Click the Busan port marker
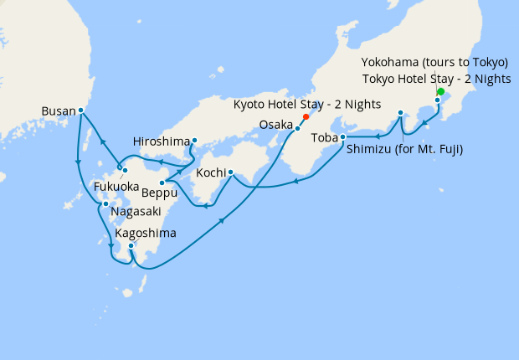tap(80, 110)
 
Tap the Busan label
tap(58, 110)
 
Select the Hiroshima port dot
tap(194, 141)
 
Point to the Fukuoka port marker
tap(124, 171)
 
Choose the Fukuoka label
tap(117, 186)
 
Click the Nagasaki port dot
tap(105, 203)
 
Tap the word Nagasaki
tap(135, 213)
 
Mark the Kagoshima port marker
tap(131, 245)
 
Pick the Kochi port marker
tap(230, 174)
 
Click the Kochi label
tap(211, 174)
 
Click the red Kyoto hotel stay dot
tap(306, 117)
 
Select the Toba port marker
tap(342, 136)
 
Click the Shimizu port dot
tap(400, 112)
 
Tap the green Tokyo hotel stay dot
tap(440, 92)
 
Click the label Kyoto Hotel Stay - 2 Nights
tap(309, 105)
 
